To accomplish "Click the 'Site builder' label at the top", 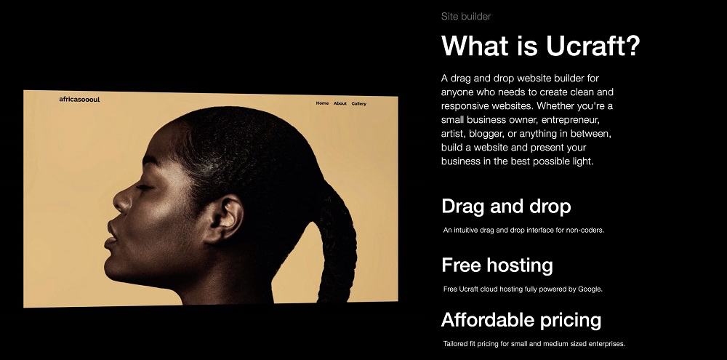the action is point(466,16).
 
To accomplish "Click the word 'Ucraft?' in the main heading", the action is point(593,46).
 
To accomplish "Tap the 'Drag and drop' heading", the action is point(506,207).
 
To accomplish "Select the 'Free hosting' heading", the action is point(497,265).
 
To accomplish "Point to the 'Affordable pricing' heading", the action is point(521,320).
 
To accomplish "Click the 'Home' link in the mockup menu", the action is point(322,103).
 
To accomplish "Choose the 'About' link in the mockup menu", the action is point(340,103).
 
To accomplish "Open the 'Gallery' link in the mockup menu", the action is point(359,104).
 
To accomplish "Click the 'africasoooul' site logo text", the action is point(79,100).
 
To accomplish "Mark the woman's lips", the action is point(111,235).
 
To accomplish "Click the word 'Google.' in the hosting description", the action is point(590,289).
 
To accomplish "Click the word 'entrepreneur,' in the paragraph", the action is point(571,120).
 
